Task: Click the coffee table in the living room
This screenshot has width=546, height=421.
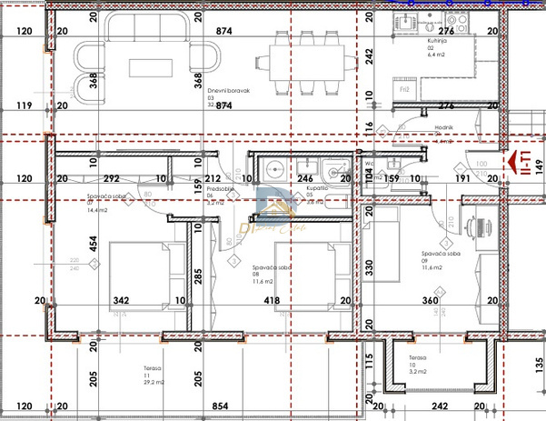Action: tap(147, 68)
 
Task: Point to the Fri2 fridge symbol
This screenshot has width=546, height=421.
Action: tap(405, 89)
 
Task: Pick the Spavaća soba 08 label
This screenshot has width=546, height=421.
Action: tap(273, 271)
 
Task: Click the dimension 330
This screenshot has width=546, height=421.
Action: tap(369, 266)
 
